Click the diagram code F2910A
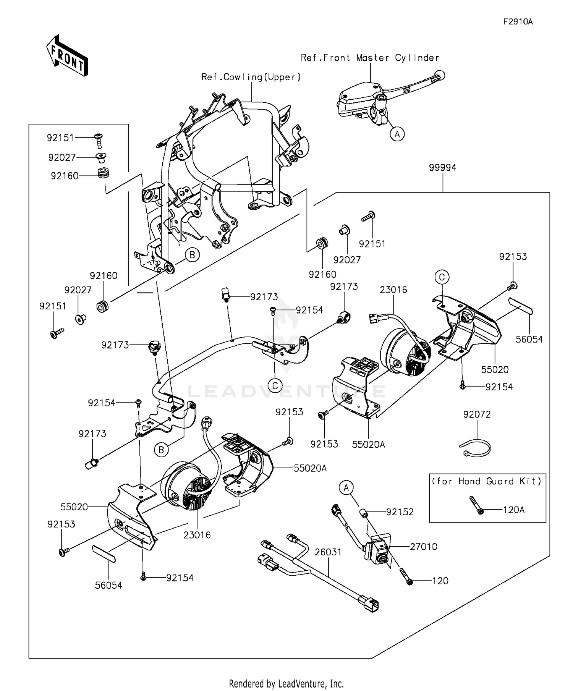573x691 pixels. [518, 22]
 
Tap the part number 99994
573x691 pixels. [442, 168]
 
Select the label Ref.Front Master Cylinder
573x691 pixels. [370, 58]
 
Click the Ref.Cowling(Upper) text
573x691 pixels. [251, 77]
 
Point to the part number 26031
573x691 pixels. [328, 552]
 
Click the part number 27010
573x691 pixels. [424, 547]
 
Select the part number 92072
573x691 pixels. [477, 414]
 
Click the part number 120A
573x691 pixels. [514, 510]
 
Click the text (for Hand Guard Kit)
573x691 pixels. [487, 481]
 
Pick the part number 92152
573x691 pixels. [400, 512]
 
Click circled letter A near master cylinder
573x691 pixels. [397, 134]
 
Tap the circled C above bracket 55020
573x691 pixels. [442, 277]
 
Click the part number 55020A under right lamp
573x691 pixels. [369, 444]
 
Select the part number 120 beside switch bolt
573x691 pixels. [440, 581]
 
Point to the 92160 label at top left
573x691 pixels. [65, 176]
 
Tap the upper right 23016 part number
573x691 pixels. [393, 290]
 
